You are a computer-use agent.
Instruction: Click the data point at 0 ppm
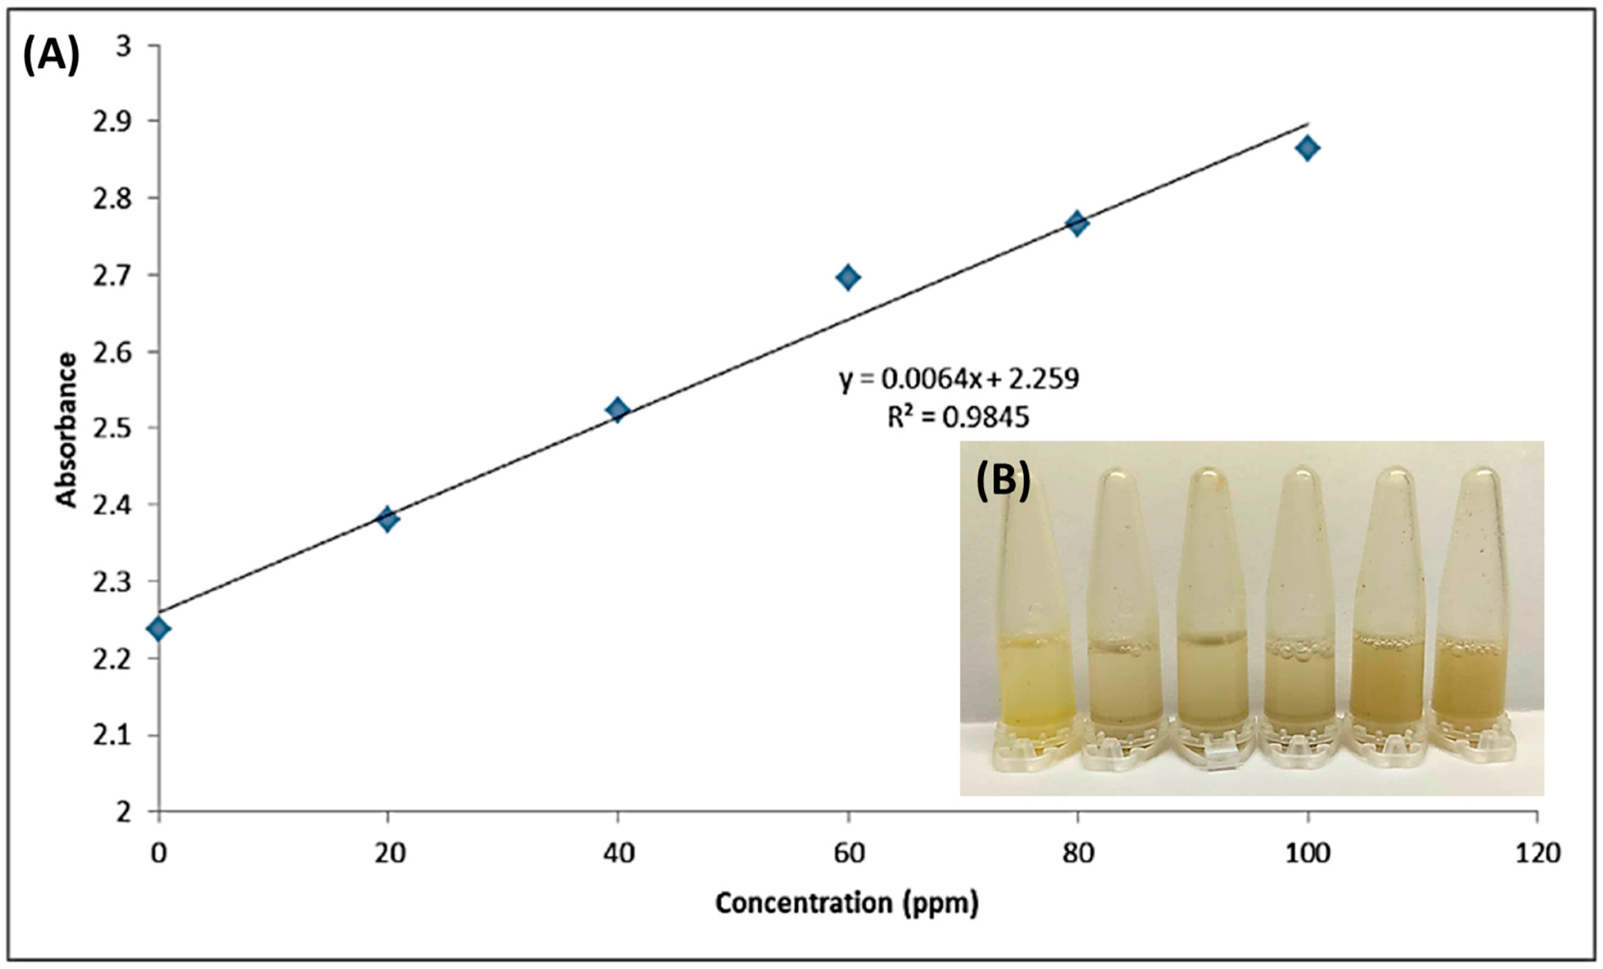tap(158, 628)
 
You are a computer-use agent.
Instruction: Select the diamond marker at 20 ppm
tap(388, 519)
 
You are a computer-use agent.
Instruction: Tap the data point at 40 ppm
tap(618, 410)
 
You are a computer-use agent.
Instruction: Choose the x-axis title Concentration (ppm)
tap(847, 903)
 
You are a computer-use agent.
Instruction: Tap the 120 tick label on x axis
tap(1537, 853)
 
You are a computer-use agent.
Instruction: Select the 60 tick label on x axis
tap(848, 853)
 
